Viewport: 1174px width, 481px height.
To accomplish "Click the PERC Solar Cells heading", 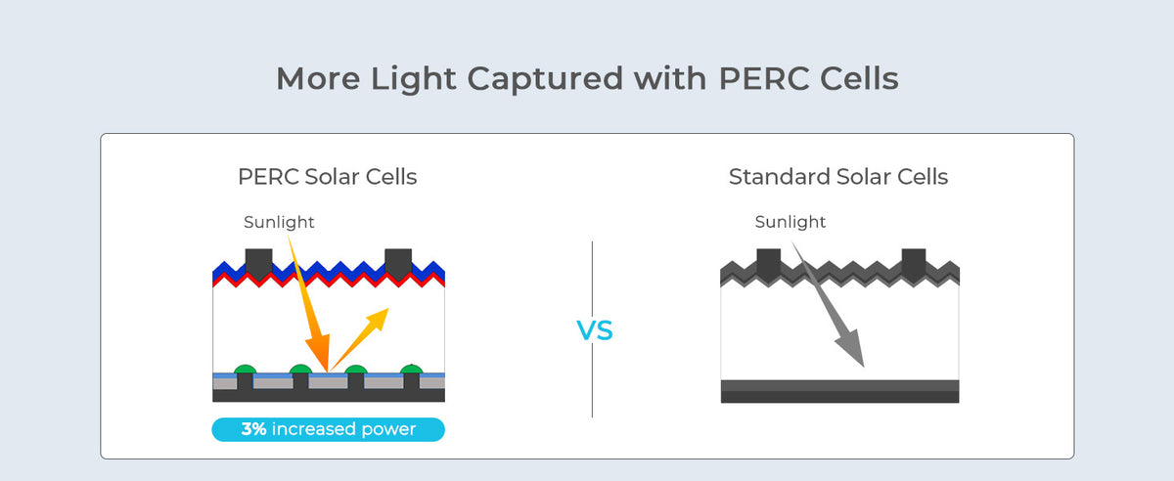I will coord(328,177).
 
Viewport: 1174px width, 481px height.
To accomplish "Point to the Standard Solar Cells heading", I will coord(838,177).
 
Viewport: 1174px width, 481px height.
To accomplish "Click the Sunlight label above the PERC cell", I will coord(279,223).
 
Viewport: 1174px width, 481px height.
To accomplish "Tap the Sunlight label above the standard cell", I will coord(790,223).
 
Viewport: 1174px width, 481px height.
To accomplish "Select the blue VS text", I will coord(594,331).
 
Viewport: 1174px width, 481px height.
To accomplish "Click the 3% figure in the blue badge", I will coord(254,429).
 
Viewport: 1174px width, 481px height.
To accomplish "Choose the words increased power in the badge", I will coord(344,429).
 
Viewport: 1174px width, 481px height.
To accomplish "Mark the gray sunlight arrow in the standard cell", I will coord(831,313).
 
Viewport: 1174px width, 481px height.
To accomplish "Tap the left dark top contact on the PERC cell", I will coord(258,261).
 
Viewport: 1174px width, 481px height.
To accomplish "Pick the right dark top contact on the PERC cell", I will coord(398,261).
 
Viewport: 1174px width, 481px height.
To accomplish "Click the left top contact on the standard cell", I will coord(769,261).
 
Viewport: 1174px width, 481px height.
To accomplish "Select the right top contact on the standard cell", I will coord(914,261).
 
